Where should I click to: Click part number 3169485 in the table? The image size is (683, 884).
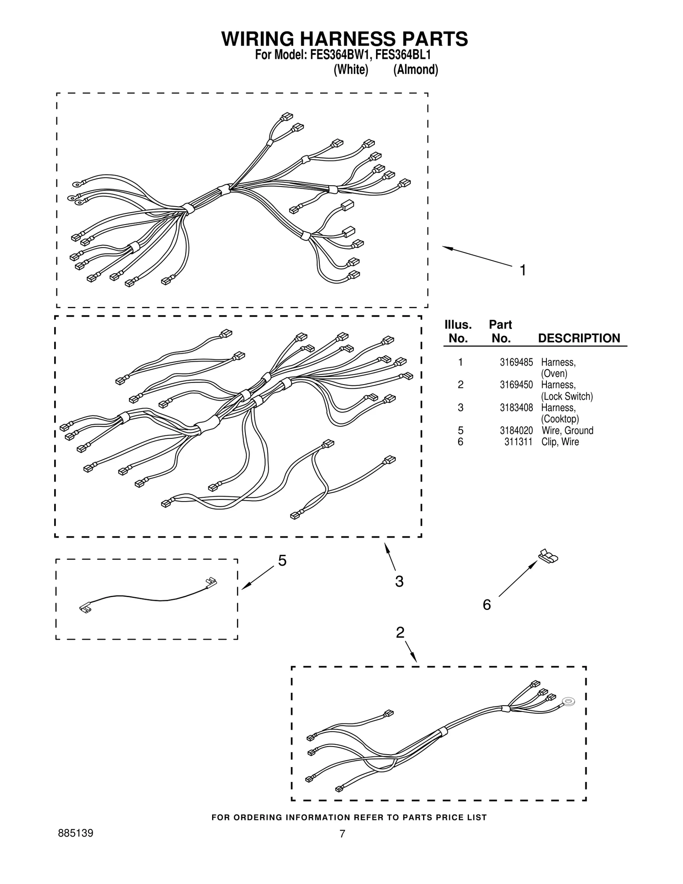pyautogui.click(x=516, y=362)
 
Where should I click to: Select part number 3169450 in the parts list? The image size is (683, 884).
pyautogui.click(x=516, y=385)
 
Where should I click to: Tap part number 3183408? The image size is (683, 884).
pyautogui.click(x=516, y=408)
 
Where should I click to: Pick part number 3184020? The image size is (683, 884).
pyautogui.click(x=516, y=430)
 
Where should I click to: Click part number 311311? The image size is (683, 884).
pyautogui.click(x=518, y=442)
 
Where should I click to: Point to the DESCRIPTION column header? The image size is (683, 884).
pyautogui.click(x=578, y=338)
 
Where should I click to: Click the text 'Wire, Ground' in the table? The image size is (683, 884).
pyautogui.click(x=567, y=430)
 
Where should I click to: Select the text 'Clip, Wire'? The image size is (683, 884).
pyautogui.click(x=560, y=442)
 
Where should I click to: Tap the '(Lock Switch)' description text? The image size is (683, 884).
pyautogui.click(x=567, y=397)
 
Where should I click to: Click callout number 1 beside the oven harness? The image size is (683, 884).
pyautogui.click(x=522, y=270)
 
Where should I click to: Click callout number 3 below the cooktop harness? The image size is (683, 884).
pyautogui.click(x=399, y=581)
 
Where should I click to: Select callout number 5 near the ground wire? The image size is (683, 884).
pyautogui.click(x=282, y=560)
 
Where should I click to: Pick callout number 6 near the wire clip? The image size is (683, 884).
pyautogui.click(x=487, y=604)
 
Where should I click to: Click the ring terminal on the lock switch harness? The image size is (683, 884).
pyautogui.click(x=568, y=701)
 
